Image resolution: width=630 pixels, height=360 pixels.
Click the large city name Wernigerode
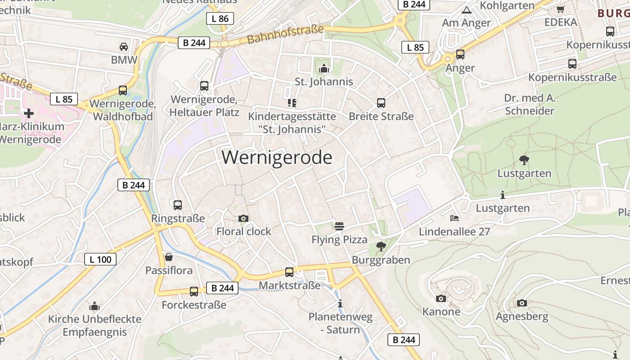(x=277, y=157)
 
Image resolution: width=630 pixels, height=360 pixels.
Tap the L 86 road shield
(x=220, y=18)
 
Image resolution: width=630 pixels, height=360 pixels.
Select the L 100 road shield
(x=100, y=259)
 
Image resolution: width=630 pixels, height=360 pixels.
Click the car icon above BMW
(x=124, y=46)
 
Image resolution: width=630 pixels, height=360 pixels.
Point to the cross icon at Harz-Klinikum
(x=29, y=113)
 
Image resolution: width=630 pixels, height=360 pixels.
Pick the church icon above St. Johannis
(x=324, y=69)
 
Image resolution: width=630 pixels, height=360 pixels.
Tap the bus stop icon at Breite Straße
(x=381, y=103)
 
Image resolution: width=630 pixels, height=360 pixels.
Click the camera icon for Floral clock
(x=243, y=219)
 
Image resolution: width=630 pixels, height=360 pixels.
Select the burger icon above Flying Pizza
(x=339, y=226)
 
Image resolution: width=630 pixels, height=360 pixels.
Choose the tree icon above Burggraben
(x=381, y=246)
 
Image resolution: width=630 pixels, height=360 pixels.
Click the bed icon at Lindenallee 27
(x=454, y=218)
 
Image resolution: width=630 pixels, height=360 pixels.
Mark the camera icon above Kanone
(x=441, y=298)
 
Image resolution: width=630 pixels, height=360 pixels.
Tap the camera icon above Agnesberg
(x=522, y=303)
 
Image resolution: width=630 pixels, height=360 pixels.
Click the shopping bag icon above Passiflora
(x=169, y=257)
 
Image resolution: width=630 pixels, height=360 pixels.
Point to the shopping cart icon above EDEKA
(x=560, y=9)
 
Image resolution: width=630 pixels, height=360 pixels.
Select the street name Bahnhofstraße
(x=285, y=35)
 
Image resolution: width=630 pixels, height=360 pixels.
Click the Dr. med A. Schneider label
(x=530, y=104)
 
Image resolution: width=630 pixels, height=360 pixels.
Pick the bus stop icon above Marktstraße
(x=289, y=272)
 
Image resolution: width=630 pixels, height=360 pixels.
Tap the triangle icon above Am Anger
(x=467, y=10)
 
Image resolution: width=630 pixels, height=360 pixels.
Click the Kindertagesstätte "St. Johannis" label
(x=292, y=123)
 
